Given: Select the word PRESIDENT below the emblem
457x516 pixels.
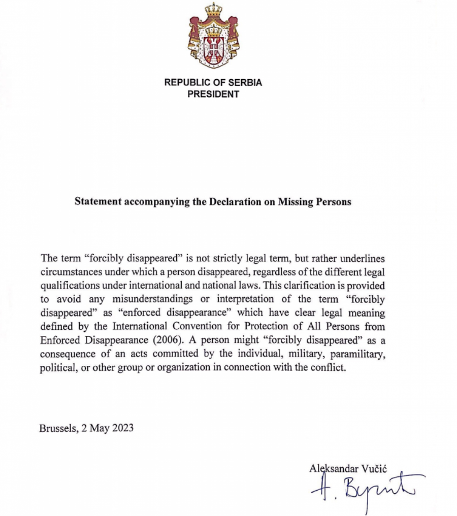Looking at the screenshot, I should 213,94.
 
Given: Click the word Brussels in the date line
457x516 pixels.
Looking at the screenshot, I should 57,428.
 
